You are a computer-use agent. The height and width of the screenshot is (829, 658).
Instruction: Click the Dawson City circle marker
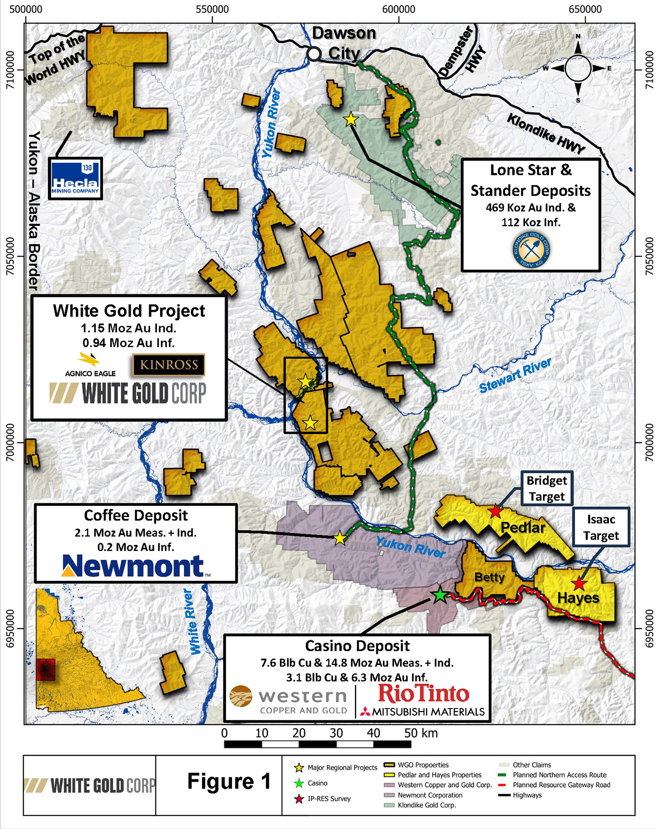314,53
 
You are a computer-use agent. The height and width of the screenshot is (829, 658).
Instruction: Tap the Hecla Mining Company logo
75,178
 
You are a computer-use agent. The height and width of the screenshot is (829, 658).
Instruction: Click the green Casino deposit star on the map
440,595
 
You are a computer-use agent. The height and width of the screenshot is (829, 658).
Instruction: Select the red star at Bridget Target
495,511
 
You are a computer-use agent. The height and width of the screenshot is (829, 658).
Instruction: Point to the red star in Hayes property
579,584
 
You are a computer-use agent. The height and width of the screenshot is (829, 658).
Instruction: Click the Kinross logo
169,365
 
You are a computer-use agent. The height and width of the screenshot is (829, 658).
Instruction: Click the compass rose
578,68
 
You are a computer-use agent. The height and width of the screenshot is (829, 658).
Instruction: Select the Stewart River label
515,376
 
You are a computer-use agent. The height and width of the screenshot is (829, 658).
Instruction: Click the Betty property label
490,577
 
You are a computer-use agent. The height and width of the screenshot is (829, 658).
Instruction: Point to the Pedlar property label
523,527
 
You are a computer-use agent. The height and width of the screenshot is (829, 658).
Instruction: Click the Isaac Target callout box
601,527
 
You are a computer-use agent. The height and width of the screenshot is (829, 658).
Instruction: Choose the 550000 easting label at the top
212,9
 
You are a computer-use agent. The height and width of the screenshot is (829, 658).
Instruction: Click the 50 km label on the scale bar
421,733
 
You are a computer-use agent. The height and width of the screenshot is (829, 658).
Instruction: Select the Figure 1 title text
229,782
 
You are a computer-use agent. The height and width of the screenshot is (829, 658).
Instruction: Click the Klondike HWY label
546,133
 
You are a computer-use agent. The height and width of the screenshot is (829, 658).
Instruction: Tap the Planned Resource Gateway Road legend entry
561,785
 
